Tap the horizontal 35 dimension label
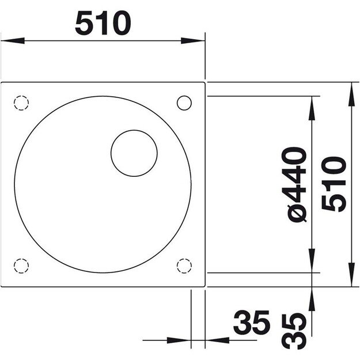click(x=251, y=323)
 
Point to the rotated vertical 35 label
click(x=295, y=331)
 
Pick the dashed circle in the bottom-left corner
click(x=21, y=266)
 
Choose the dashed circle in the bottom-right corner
click(x=185, y=266)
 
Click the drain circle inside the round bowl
click(x=134, y=153)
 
